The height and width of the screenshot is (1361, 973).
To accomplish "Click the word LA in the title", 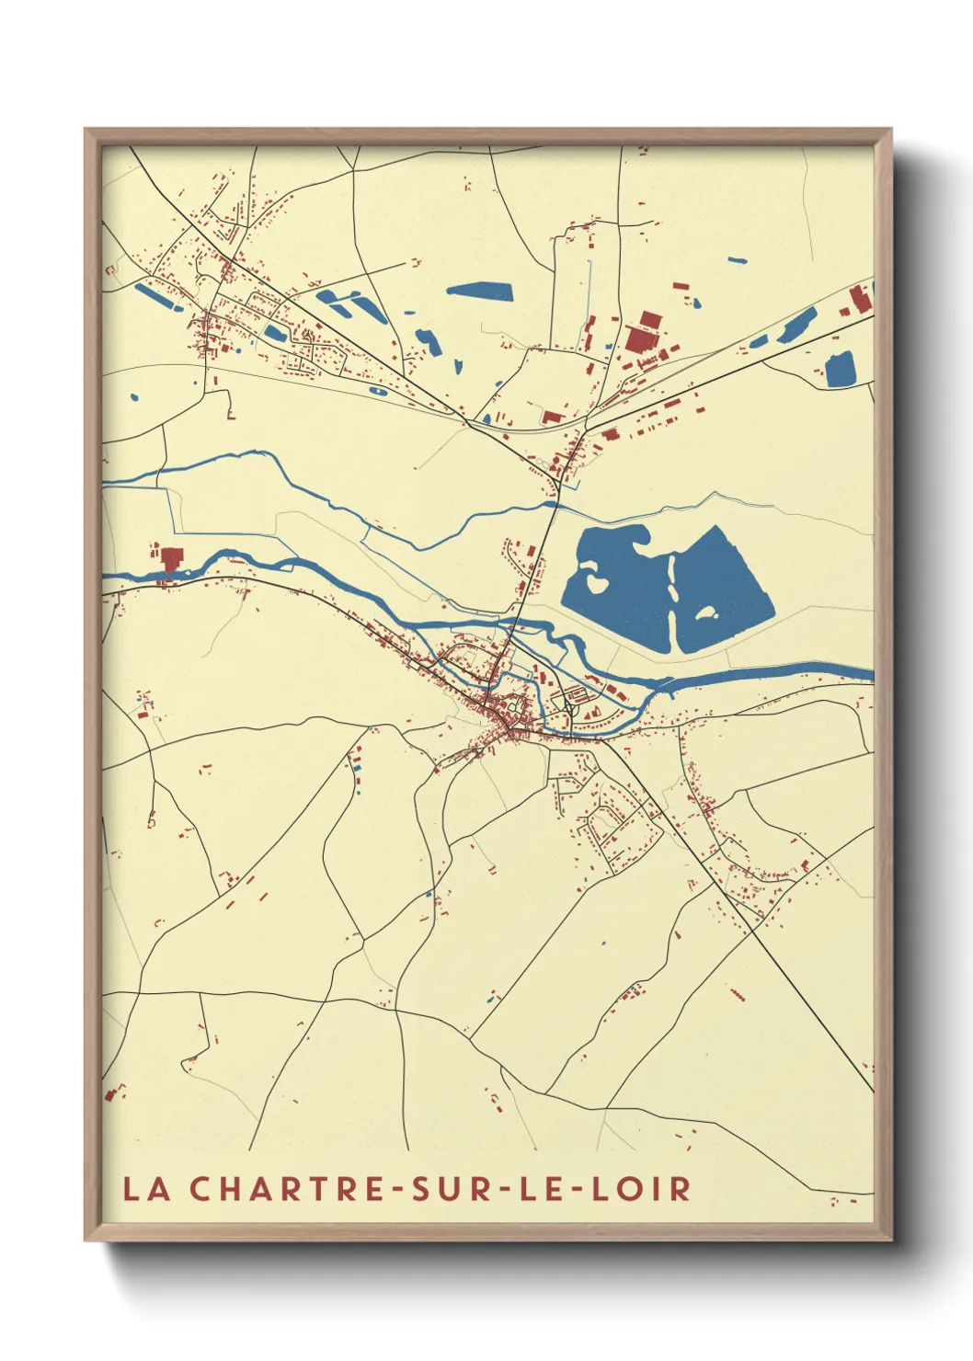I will tap(147, 1188).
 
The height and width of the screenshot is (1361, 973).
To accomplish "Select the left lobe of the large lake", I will tap(616, 589).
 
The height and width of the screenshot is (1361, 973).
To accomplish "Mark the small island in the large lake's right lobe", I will tap(705, 612).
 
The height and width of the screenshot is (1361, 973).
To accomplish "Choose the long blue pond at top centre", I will tap(478, 292).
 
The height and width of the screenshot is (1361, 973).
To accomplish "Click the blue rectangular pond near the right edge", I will tap(840, 370).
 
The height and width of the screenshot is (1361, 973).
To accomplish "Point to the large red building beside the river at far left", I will tap(171, 558).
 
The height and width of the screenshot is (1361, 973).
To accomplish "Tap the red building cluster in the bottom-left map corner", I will tap(114, 1092).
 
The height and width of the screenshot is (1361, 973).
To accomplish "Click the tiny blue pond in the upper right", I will tap(737, 260).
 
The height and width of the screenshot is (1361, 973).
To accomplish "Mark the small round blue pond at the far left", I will tap(133, 398).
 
